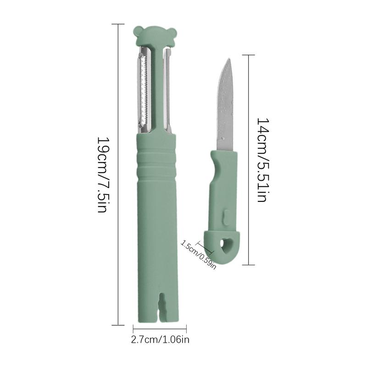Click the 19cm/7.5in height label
[102, 174]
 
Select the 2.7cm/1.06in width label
[160, 339]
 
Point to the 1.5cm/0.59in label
[198, 255]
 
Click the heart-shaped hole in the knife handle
[225, 246]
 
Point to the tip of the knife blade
[230, 59]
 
